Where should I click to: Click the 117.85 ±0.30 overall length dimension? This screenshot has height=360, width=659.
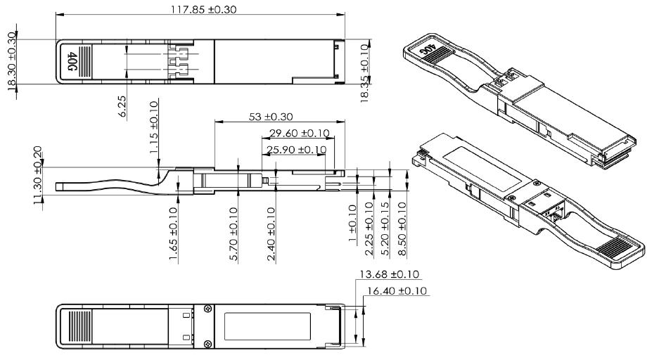(203, 9)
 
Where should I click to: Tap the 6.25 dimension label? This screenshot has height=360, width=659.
(122, 106)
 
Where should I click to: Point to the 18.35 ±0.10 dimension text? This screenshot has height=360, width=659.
(364, 72)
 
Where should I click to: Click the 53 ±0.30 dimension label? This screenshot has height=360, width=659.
(271, 116)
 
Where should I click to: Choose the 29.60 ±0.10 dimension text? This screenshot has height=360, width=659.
(299, 133)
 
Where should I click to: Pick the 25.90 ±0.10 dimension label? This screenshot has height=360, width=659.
(296, 150)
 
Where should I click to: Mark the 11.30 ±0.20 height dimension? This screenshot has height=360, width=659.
(38, 175)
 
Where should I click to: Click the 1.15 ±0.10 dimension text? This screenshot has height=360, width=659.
(154, 127)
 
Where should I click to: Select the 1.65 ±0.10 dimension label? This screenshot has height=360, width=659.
(173, 233)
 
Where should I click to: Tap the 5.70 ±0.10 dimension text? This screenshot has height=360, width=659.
(234, 234)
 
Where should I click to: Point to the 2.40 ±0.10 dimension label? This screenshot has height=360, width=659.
(271, 234)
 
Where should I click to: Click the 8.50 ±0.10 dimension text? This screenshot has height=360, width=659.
(402, 229)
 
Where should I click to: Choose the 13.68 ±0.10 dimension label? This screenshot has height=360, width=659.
(389, 274)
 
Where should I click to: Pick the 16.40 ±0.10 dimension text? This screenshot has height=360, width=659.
(397, 290)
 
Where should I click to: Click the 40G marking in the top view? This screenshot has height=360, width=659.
(72, 61)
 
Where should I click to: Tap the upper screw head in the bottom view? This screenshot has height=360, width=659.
(207, 309)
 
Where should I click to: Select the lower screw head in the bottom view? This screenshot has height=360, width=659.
(207, 344)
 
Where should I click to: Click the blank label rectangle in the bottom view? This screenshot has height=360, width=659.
(267, 326)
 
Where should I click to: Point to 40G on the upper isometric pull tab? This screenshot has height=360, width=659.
(428, 49)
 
